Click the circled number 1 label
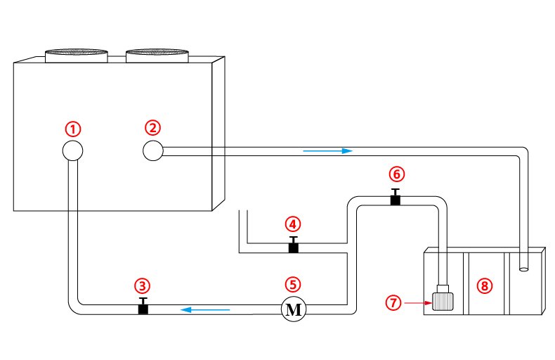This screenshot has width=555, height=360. tap(73, 129)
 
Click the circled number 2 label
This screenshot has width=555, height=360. tap(152, 127)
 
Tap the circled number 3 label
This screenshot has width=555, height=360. tap(143, 285)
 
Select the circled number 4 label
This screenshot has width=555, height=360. tap(293, 224)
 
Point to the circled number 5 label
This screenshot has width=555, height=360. tap(293, 284)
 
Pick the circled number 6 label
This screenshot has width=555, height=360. tap(396, 174)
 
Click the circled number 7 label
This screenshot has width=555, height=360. tap(393, 302)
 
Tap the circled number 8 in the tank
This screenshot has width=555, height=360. tap(484, 285)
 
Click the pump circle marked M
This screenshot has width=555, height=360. tap(294, 309)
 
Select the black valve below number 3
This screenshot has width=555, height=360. tap(143, 306)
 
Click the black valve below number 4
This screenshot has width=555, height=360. tap(294, 245)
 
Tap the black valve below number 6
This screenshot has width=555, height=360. tap(396, 197)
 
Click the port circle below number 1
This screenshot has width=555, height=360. tap(72, 150)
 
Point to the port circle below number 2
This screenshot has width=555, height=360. tap(153, 150)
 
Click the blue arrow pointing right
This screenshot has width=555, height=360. tap(328, 151)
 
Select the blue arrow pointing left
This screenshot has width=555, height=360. tap(205, 309)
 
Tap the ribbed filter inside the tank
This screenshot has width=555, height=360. tap(443, 301)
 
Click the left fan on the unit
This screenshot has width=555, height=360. tap(76, 56)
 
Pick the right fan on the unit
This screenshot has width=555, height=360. tap(157, 56)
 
